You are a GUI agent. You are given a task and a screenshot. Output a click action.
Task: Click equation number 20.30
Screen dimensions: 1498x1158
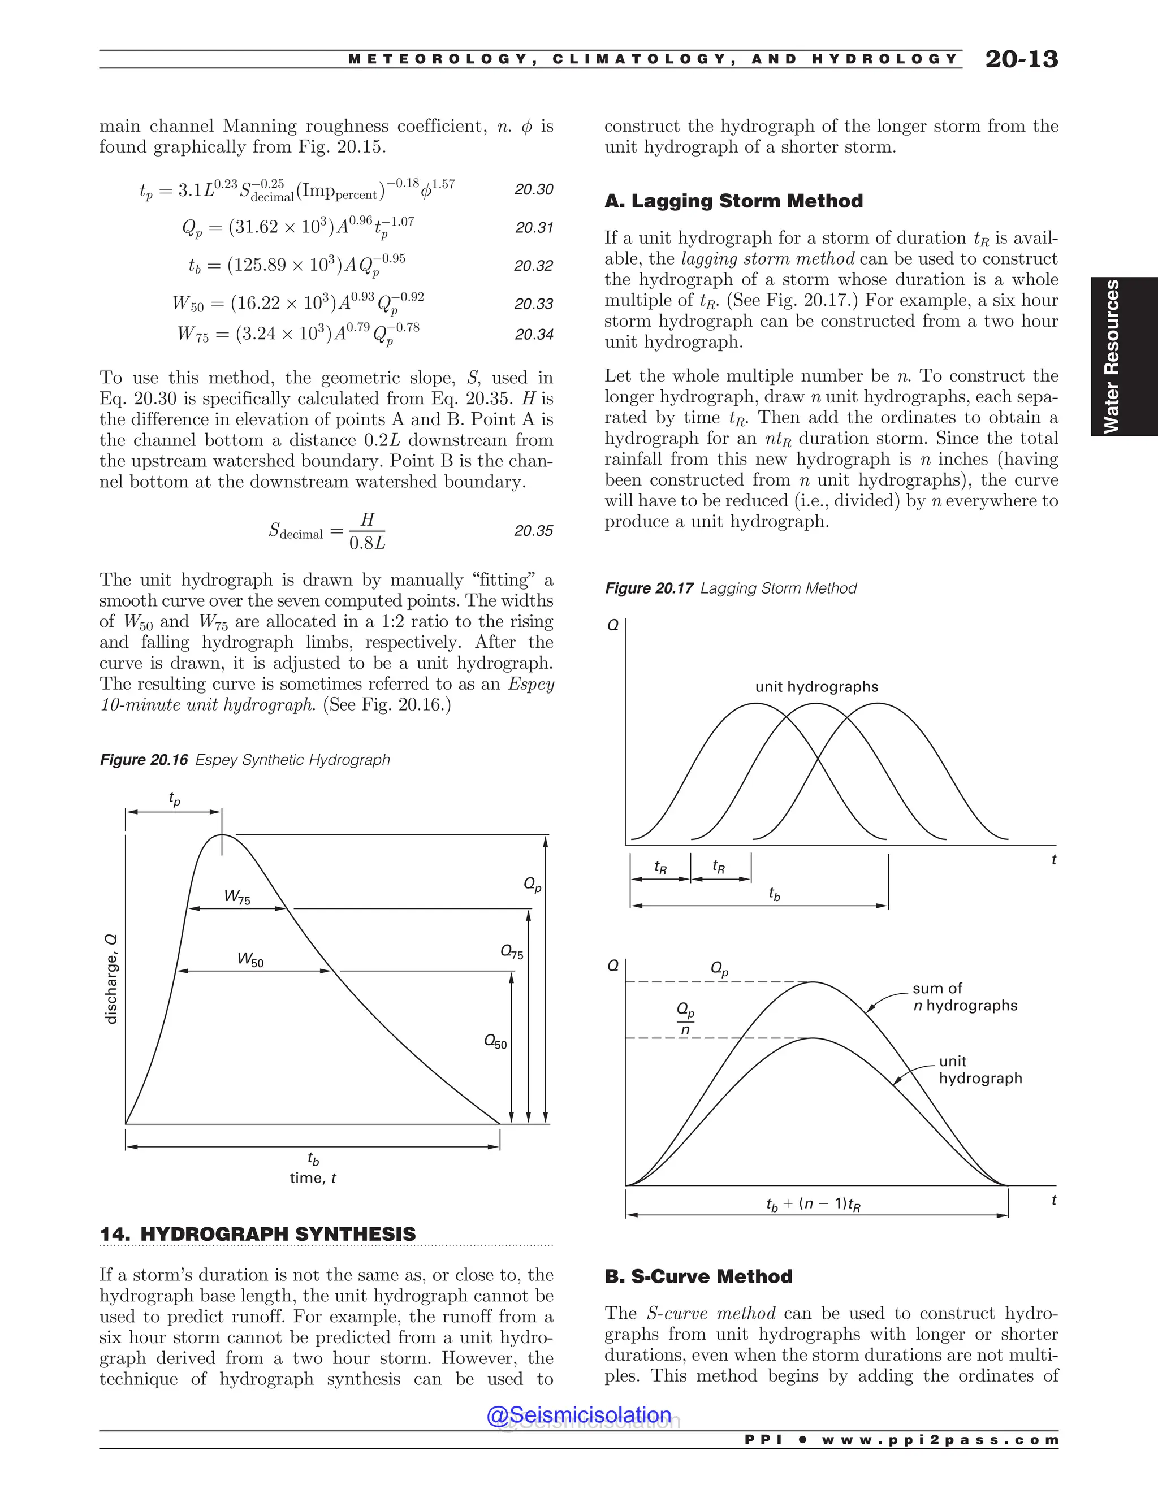pyautogui.click(x=534, y=189)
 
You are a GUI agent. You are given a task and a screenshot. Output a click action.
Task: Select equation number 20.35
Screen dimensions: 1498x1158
pyautogui.click(x=534, y=530)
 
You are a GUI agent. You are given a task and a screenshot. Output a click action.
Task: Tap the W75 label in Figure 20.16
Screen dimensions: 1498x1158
pyautogui.click(x=237, y=897)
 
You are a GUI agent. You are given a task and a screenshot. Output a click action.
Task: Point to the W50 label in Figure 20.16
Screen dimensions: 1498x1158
pyautogui.click(x=250, y=959)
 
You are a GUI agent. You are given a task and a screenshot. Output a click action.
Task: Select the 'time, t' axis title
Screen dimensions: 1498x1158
pyautogui.click(x=313, y=1177)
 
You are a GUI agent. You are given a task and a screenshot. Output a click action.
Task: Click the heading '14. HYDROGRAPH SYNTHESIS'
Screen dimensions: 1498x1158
pyautogui.click(x=258, y=1234)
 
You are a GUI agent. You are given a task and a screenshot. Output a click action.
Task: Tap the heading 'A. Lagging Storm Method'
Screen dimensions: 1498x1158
pyautogui.click(x=733, y=201)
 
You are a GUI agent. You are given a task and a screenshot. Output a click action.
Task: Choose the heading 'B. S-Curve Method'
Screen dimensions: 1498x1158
pyautogui.click(x=698, y=1276)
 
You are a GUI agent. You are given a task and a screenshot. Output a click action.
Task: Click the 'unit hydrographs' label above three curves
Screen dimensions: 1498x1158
pyautogui.click(x=816, y=687)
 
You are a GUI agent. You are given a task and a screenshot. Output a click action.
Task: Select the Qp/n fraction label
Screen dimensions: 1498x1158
pyautogui.click(x=685, y=1019)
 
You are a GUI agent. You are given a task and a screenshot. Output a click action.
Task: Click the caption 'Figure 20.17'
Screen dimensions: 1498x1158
pyautogui.click(x=649, y=588)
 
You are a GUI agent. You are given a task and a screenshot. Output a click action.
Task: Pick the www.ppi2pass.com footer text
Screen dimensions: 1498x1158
pyautogui.click(x=940, y=1440)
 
